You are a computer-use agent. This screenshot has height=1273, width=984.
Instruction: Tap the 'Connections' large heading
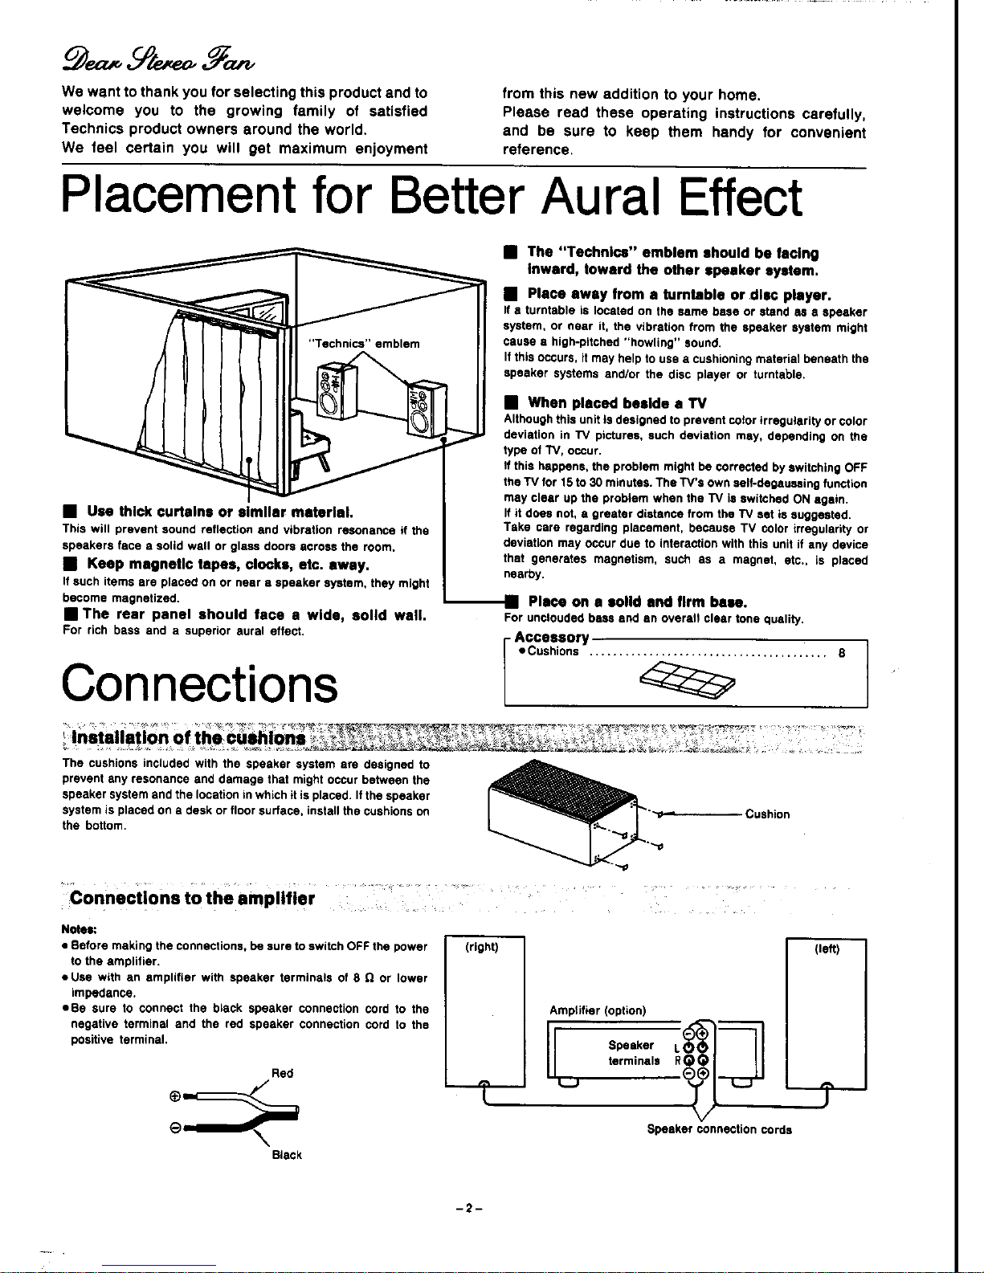point(199,684)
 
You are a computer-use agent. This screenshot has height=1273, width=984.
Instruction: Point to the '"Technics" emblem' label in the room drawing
point(365,344)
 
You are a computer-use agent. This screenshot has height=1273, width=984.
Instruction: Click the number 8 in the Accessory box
point(841,652)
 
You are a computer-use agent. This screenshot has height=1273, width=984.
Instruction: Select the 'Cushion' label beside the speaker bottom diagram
point(767,814)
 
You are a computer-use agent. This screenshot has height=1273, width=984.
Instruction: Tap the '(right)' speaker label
point(482,948)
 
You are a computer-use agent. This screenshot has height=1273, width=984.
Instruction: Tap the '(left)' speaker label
point(827,949)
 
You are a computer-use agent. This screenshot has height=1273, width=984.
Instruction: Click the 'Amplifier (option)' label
point(598,1010)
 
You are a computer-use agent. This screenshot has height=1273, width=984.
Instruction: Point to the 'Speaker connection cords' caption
point(719,1129)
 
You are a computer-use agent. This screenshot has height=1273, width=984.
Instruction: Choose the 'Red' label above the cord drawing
point(283,1073)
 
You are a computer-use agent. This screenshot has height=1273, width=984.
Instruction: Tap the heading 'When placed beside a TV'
point(606,402)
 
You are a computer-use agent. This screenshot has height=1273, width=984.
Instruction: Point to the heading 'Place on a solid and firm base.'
point(638,602)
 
